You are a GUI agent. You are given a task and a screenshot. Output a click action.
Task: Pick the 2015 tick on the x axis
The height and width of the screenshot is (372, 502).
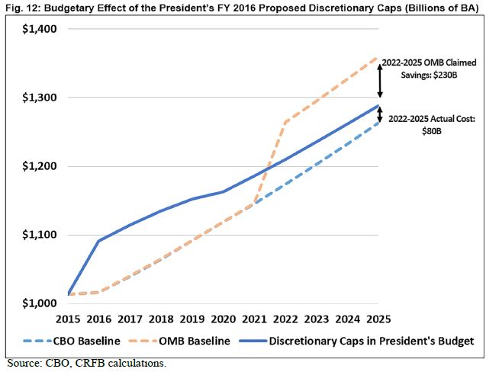68,319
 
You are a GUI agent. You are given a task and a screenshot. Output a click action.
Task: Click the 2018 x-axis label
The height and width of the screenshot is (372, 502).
161,319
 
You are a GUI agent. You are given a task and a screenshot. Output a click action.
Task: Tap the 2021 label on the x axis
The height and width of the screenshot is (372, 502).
254,319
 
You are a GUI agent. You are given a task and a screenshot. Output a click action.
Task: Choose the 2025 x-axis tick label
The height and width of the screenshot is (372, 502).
378,319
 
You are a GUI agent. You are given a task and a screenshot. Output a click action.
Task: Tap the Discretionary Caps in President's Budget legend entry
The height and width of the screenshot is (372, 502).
359,342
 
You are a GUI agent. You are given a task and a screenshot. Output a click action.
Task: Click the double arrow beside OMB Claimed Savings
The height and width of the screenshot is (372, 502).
378,79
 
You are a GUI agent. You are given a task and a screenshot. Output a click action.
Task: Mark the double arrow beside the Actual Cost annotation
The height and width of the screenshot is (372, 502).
378,114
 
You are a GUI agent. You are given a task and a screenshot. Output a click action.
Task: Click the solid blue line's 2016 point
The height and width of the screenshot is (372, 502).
99,241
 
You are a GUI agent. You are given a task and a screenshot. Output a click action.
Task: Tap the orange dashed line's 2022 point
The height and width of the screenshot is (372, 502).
285,121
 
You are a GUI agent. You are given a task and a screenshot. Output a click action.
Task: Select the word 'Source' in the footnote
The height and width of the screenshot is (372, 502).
23,363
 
